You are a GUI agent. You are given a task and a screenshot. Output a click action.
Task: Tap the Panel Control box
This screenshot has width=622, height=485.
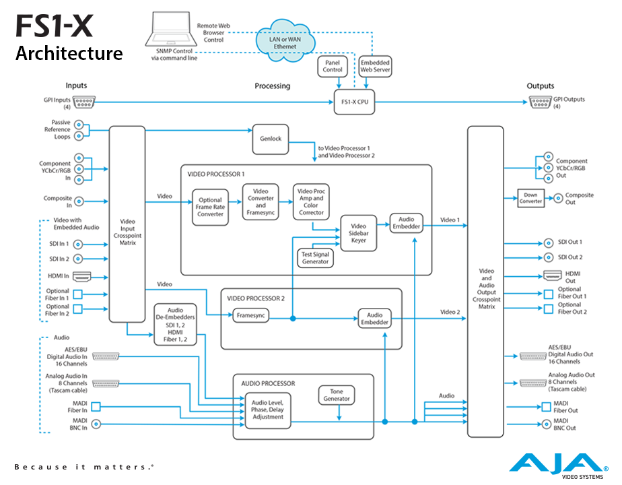coord(333,66)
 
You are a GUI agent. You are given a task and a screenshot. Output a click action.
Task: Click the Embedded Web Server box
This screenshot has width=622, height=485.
coord(375,66)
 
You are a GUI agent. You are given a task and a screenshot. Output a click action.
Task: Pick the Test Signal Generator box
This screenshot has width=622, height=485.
coord(315,257)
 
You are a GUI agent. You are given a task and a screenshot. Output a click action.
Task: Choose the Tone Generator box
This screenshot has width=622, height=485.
coord(337,395)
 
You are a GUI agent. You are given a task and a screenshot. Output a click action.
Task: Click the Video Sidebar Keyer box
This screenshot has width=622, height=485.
coord(358,232)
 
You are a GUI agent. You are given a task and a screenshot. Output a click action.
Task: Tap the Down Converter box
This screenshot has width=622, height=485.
coord(530,197)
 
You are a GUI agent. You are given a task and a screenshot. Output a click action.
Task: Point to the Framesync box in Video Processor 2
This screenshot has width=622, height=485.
coord(250,315)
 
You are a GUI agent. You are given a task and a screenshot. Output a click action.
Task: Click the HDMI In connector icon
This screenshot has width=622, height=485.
coord(81,276)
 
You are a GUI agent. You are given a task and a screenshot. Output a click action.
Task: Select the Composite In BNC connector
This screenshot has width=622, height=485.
coord(79,200)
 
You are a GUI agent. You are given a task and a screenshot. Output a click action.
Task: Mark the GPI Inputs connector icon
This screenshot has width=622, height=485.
coord(83,102)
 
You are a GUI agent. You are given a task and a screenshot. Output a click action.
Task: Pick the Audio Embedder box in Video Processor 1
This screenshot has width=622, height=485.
coord(406,224)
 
